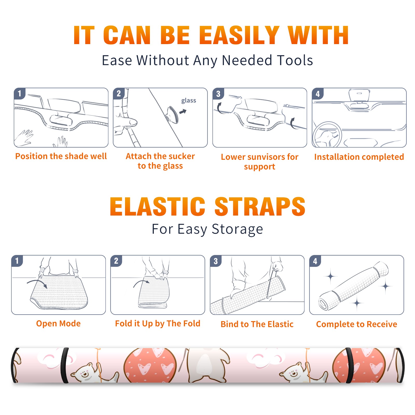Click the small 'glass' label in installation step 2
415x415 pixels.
click(x=189, y=101)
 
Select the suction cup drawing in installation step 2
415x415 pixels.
click(x=172, y=114)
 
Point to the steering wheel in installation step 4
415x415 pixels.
click(x=327, y=135)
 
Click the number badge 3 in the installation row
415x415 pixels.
click(x=218, y=94)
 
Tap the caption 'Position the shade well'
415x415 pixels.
click(x=61, y=156)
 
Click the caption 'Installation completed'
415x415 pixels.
click(x=359, y=157)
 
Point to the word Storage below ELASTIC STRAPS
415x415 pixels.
click(x=237, y=229)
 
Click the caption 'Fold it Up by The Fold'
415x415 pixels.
click(x=158, y=323)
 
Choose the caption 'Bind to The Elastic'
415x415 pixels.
click(x=257, y=324)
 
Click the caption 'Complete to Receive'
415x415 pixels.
click(x=357, y=324)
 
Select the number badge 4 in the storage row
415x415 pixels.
click(x=315, y=261)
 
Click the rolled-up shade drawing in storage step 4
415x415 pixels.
click(x=354, y=286)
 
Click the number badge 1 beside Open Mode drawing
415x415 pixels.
click(x=17, y=261)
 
